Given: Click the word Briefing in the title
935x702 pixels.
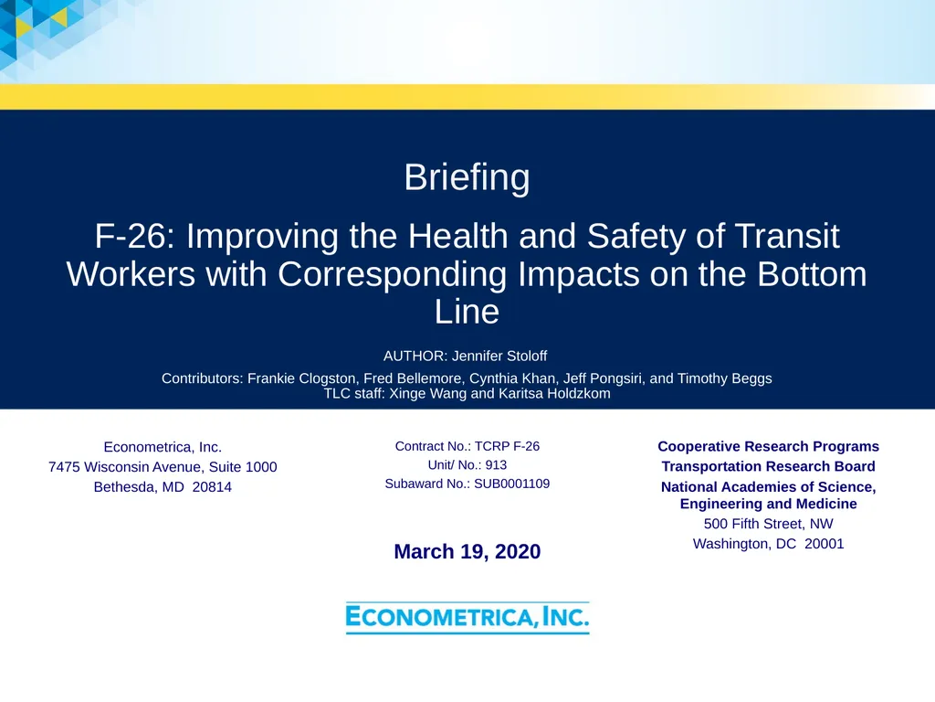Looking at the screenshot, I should [467, 177].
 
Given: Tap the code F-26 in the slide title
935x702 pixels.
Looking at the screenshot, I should [136, 237].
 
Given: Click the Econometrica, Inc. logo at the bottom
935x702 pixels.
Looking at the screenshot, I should [467, 618].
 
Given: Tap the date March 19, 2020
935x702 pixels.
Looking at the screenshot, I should [467, 551].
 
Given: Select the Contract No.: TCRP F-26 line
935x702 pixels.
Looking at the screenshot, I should [467, 446].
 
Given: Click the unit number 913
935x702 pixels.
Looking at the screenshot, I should [496, 464].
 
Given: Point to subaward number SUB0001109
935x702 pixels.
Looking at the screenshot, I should [510, 484].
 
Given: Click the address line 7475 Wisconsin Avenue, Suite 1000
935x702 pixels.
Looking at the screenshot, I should [163, 467].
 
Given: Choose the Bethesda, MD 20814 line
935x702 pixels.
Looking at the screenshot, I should [163, 487].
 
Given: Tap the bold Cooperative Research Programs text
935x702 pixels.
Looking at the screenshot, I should [768, 446].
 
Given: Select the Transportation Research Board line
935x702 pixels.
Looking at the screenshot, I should [768, 466].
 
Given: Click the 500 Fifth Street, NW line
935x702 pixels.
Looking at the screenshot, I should [768, 524].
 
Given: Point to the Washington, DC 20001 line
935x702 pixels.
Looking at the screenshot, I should [768, 544].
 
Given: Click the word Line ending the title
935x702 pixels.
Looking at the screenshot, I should [467, 313].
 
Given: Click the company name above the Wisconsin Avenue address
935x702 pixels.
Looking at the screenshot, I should [163, 447].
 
